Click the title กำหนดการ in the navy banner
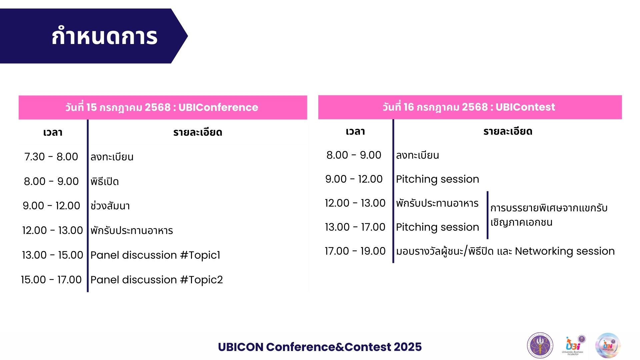point(104,36)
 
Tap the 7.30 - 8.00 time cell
point(51,157)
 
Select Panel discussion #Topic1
point(155,255)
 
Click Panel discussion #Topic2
point(156,280)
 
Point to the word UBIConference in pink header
point(218,107)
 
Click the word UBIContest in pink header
point(525,107)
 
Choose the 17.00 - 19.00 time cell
point(355,251)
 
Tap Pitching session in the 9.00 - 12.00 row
point(437,179)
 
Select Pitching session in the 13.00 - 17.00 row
point(437,227)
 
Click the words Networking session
point(565,251)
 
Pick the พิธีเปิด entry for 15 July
point(104,182)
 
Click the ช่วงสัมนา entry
point(110,206)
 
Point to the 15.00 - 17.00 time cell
point(51,280)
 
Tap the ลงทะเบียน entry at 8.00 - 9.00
point(417,155)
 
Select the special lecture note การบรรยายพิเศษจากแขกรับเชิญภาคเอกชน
point(548,215)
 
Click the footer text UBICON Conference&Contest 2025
point(320,347)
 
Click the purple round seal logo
point(540,345)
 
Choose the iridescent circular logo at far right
point(608,345)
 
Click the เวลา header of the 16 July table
point(355,131)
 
